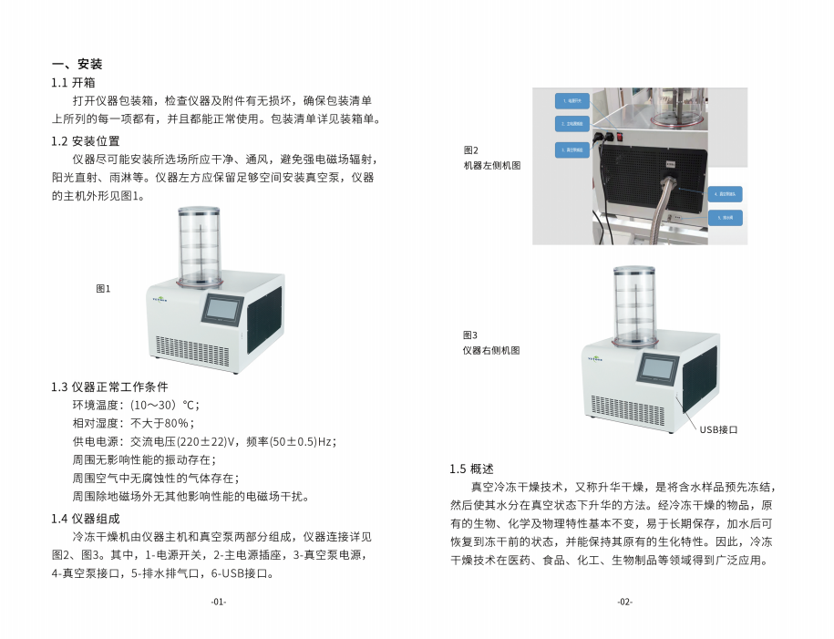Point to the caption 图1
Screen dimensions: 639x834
[103, 289]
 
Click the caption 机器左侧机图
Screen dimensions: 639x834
[492, 166]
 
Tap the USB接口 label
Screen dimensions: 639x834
[718, 428]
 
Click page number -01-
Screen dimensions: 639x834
[218, 602]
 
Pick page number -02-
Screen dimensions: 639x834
[624, 602]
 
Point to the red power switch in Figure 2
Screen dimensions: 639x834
[623, 139]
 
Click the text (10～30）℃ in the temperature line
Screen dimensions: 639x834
[164, 405]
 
